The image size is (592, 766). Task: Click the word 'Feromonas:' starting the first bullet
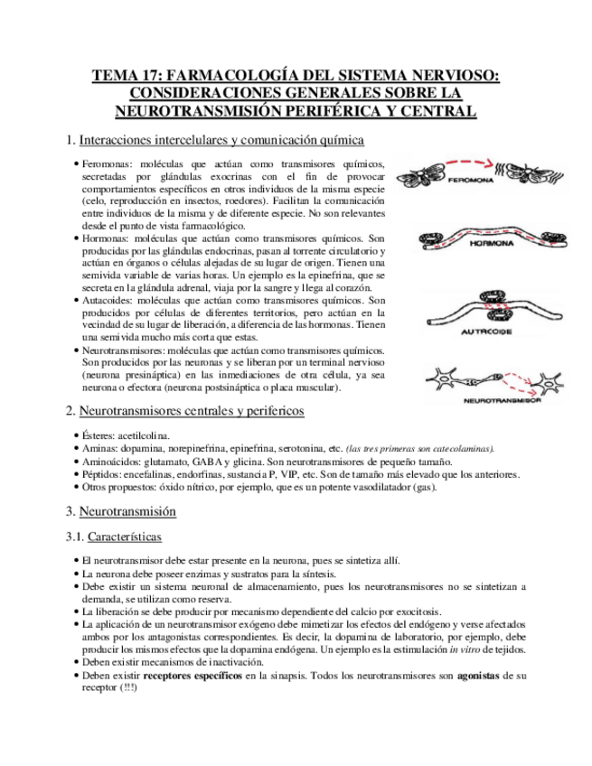pyautogui.click(x=106, y=163)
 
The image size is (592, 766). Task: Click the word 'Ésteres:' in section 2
pyautogui.click(x=99, y=435)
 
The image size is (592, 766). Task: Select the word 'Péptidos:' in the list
pyautogui.click(x=102, y=474)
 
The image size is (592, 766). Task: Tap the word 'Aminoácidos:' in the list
pyautogui.click(x=111, y=461)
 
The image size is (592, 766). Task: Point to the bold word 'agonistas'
pyautogui.click(x=479, y=675)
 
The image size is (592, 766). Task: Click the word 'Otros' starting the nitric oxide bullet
pyautogui.click(x=95, y=487)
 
